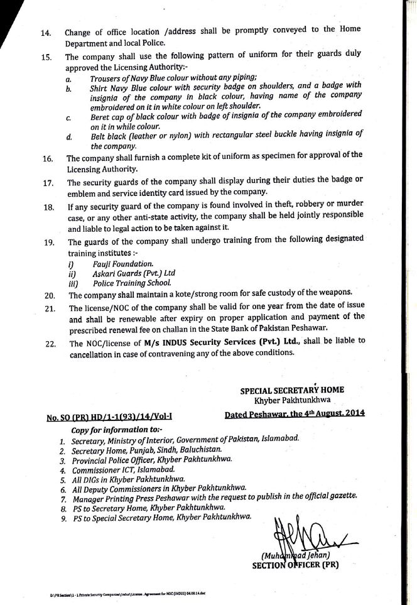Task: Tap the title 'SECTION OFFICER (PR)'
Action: tap(295, 565)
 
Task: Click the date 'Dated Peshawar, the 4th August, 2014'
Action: tap(295, 415)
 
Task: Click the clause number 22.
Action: tap(46, 344)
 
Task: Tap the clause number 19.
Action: tap(46, 243)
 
